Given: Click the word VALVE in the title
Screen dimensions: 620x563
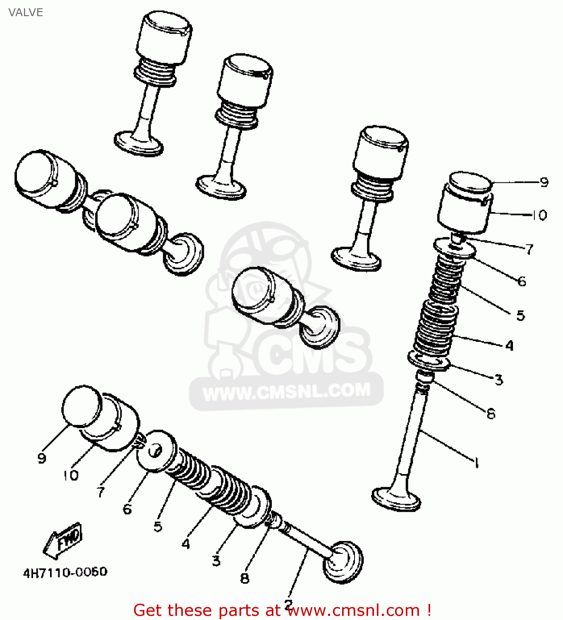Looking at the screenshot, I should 26,12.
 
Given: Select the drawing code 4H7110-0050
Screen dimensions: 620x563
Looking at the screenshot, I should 65,572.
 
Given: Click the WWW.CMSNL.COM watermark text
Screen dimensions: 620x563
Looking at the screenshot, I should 287,391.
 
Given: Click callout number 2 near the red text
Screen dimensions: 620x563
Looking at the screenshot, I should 289,603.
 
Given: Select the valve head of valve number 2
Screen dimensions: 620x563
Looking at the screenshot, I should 343,561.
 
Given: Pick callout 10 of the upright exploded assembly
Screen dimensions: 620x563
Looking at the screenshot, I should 539,215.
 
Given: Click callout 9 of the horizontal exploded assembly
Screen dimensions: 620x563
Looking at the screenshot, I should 42,458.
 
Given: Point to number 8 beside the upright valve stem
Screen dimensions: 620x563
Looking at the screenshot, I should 491,413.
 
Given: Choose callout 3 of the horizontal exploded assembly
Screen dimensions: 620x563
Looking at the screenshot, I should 216,561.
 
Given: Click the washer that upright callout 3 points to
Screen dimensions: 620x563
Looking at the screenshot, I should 429,360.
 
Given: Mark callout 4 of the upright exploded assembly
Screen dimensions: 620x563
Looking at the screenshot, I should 509,346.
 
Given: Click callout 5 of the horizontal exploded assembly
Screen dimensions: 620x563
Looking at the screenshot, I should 158,527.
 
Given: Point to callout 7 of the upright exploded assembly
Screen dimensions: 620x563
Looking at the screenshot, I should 529,249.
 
